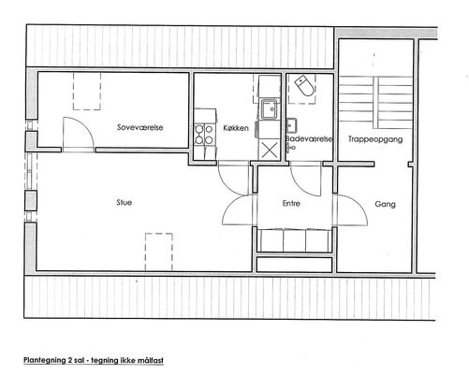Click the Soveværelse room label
click(x=140, y=127)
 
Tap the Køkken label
click(x=236, y=128)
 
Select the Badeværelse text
click(x=310, y=138)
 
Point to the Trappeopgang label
click(x=375, y=139)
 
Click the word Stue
click(x=125, y=202)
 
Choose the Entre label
click(x=291, y=203)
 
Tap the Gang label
click(x=385, y=204)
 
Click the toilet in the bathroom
click(x=304, y=85)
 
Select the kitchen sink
click(x=269, y=109)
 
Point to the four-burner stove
click(x=204, y=134)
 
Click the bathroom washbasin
click(x=292, y=126)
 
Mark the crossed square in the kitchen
click(x=269, y=151)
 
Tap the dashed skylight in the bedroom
click(x=87, y=91)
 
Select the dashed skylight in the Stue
click(x=159, y=252)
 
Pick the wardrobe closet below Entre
click(x=295, y=240)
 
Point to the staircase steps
click(x=376, y=103)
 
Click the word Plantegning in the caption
click(x=44, y=360)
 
